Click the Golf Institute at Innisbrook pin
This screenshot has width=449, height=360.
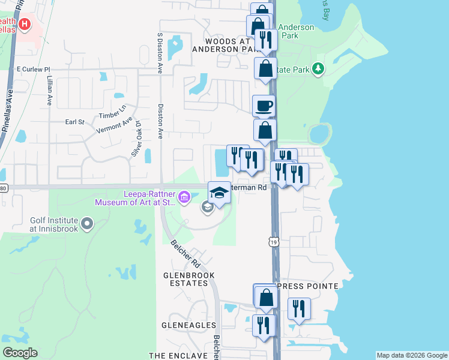(88, 224)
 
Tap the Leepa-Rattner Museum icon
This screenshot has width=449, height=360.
(184, 196)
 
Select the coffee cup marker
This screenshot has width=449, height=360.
(264, 107)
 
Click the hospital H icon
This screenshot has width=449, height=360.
(25, 25)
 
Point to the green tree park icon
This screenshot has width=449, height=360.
(318, 70)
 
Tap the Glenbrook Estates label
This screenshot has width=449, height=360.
(189, 281)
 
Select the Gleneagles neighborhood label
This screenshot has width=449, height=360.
(188, 325)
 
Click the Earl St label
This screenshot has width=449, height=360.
(74, 122)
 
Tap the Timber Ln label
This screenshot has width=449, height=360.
(113, 112)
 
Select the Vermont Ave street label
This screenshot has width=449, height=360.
(119, 126)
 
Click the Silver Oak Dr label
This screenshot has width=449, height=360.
(137, 139)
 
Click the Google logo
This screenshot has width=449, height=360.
(20, 353)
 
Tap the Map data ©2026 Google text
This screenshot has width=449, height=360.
(411, 355)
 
